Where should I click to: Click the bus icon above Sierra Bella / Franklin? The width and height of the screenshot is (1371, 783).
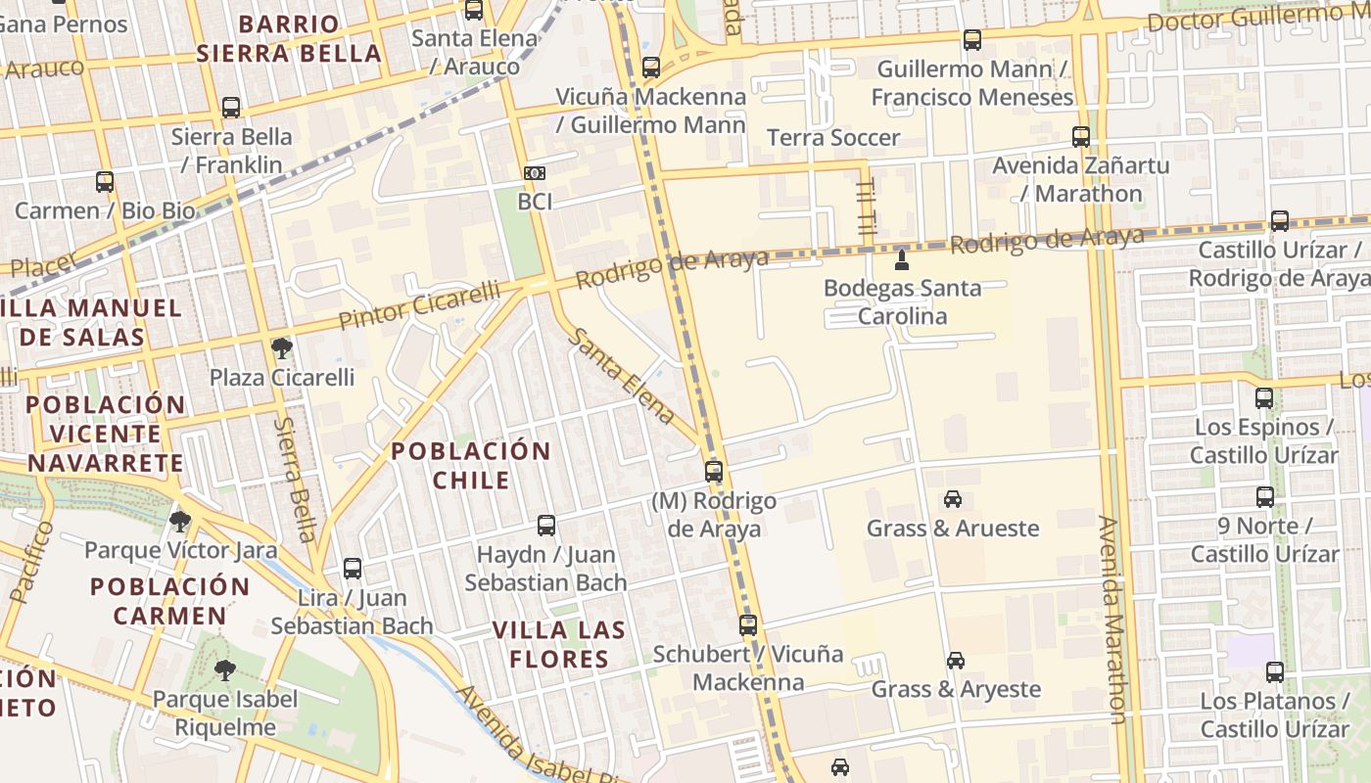[231, 108]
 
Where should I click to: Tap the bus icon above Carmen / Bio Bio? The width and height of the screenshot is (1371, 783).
[105, 182]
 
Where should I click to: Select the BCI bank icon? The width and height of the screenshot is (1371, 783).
[535, 173]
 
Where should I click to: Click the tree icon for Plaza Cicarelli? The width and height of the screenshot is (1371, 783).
[281, 347]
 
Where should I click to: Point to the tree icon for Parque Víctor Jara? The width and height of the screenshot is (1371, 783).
[179, 521]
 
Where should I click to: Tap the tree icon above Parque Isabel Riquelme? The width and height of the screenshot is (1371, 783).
[225, 670]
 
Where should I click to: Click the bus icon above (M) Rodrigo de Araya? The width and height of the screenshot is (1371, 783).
[714, 472]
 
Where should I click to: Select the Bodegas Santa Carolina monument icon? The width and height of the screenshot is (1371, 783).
[902, 259]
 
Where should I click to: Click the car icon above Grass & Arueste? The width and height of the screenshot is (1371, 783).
[953, 499]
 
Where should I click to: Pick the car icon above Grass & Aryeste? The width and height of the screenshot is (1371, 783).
[956, 661]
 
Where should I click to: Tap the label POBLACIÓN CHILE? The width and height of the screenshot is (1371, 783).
[471, 466]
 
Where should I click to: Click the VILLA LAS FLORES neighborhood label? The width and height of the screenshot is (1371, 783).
[560, 644]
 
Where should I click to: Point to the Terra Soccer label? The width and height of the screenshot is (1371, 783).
[832, 138]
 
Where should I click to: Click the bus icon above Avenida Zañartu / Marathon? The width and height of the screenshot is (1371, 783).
[1081, 137]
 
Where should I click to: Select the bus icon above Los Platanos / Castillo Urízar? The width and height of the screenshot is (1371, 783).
[1274, 672]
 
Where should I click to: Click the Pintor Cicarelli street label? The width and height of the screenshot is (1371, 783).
[418, 304]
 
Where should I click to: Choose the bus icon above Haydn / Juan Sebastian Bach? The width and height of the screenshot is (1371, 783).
[546, 526]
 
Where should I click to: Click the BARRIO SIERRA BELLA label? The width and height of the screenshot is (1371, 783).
[289, 38]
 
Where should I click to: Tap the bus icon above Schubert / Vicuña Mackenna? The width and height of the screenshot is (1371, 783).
[748, 624]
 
